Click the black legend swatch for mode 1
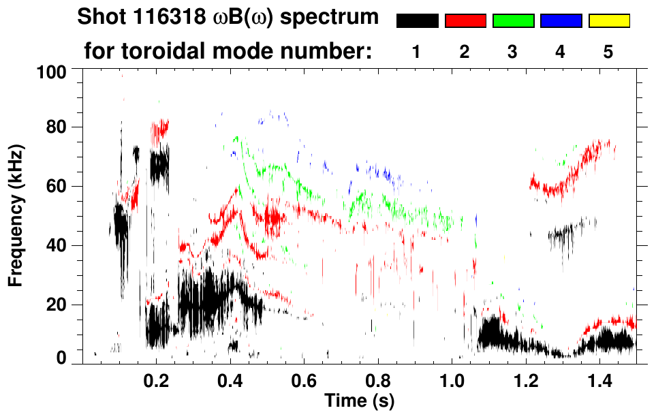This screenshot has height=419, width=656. click(x=417, y=21)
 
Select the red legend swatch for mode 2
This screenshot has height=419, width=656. click(x=465, y=21)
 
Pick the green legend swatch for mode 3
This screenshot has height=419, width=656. click(x=513, y=21)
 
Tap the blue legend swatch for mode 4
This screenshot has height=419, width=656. click(x=561, y=21)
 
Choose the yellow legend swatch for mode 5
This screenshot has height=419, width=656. click(x=609, y=21)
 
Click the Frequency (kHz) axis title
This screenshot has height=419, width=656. click(x=16, y=214)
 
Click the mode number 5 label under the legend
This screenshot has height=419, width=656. click(x=608, y=52)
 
